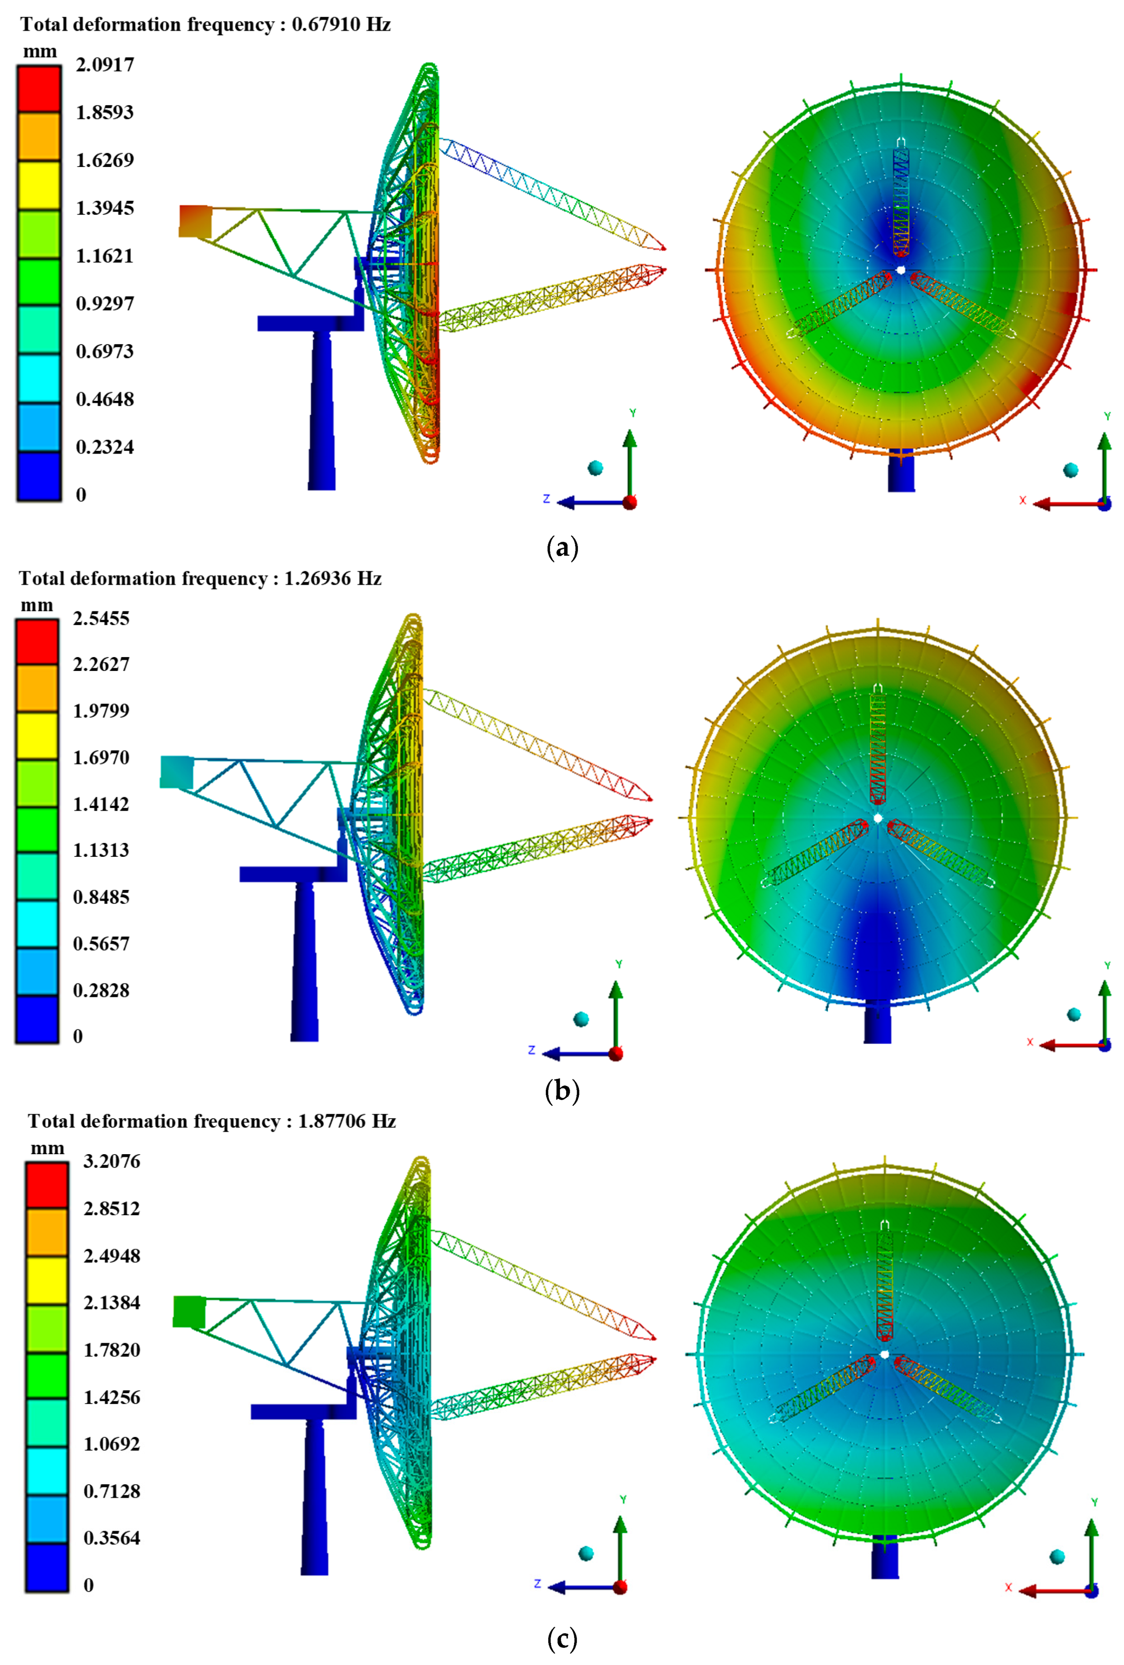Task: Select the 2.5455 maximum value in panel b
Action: (101, 618)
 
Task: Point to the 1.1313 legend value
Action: (101, 850)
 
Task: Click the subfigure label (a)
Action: (562, 548)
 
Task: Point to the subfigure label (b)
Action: (562, 1091)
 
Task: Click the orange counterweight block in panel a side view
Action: (195, 221)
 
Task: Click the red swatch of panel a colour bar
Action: (40, 88)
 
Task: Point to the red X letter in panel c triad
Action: (1008, 1588)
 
